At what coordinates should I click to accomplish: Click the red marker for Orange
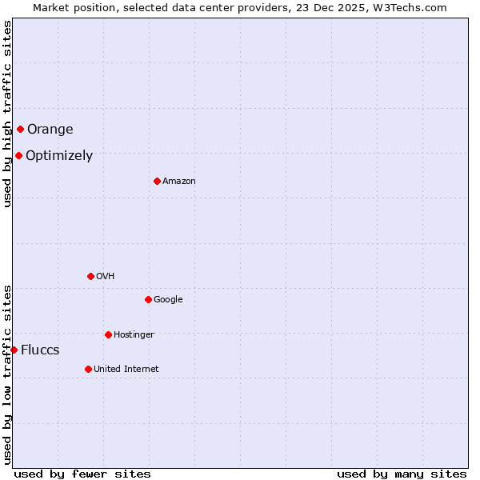[20, 129]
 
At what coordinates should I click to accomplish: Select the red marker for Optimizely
[18, 155]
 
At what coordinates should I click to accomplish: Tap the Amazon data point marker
[157, 181]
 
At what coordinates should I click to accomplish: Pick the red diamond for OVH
[90, 276]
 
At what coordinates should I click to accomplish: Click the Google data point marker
[148, 299]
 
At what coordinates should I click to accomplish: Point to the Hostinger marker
[108, 334]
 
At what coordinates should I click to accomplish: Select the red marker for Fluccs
[14, 350]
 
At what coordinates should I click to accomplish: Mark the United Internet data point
[88, 369]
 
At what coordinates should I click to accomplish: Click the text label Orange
[50, 130]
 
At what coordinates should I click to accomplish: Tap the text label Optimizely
[59, 156]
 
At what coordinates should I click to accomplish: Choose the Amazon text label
[179, 182]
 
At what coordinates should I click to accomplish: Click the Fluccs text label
[40, 350]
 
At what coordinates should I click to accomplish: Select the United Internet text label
[126, 370]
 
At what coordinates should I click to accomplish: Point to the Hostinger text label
[134, 334]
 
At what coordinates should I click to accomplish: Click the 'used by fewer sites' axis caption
[82, 474]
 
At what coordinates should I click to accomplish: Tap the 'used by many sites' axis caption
[402, 474]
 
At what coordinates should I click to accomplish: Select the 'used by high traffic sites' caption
[7, 114]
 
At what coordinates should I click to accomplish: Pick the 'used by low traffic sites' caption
[7, 374]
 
